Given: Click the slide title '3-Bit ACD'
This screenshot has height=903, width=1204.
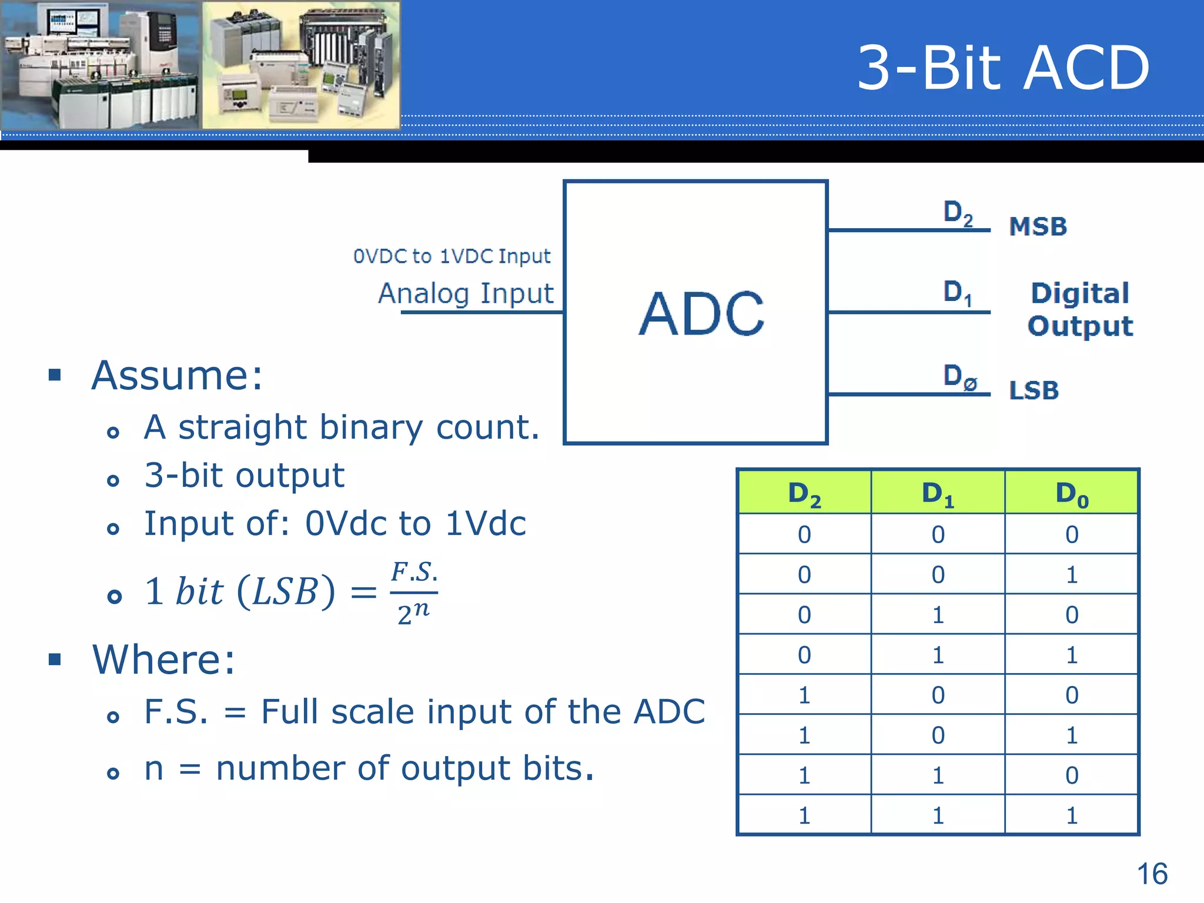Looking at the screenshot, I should pos(1003,68).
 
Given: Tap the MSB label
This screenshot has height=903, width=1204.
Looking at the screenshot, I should pos(1038,226).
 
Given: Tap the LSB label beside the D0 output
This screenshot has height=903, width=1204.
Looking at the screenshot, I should pos(1034,390).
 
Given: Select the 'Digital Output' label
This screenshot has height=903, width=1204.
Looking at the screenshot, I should pos(1081,309).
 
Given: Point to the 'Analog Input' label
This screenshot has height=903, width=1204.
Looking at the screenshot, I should pos(466,293).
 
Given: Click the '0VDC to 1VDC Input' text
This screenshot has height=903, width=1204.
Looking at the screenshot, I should pos(451,256).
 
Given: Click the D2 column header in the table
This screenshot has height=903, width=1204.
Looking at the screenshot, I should pos(804,493).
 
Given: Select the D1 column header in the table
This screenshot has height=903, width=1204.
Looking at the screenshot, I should pos(938,493).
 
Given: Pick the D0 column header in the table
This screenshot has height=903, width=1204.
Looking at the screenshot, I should pos(1072,493).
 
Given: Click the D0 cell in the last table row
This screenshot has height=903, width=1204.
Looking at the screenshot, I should pos(1072,815).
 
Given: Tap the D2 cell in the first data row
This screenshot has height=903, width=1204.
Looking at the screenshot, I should pos(804,534).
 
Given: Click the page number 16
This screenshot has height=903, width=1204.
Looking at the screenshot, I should pos(1152,874).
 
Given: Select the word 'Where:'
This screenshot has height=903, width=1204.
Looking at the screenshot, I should pos(163,659).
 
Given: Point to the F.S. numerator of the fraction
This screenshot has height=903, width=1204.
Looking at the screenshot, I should pos(414,572).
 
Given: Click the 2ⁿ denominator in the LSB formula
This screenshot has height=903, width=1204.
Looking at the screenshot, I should pos(413,613).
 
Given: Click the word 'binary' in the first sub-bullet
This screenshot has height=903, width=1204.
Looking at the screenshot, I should pos(371,427).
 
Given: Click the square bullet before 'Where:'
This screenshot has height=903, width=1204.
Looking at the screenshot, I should pos(55,659).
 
